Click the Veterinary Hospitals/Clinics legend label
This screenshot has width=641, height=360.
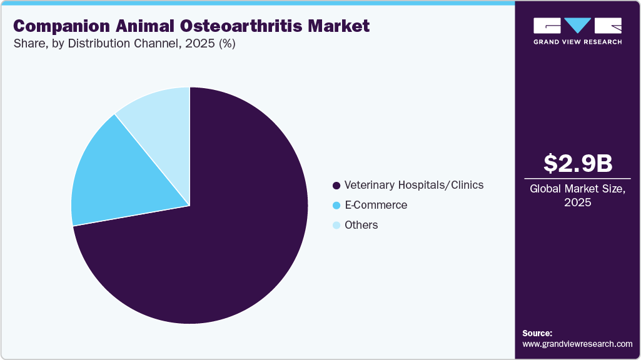point(413,185)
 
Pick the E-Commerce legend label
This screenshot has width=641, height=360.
point(376,205)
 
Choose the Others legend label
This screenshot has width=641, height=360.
point(361,225)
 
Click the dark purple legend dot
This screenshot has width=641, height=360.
point(336,186)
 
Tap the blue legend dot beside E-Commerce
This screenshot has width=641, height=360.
point(336,206)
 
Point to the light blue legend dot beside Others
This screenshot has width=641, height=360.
point(336,226)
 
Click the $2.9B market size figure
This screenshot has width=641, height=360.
point(577,164)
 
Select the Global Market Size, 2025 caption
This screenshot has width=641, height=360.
point(577,195)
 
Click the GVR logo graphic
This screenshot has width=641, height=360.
point(577,26)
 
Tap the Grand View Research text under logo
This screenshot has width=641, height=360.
point(577,42)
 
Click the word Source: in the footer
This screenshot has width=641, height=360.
point(537,333)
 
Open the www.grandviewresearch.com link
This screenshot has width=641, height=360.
point(577,344)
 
